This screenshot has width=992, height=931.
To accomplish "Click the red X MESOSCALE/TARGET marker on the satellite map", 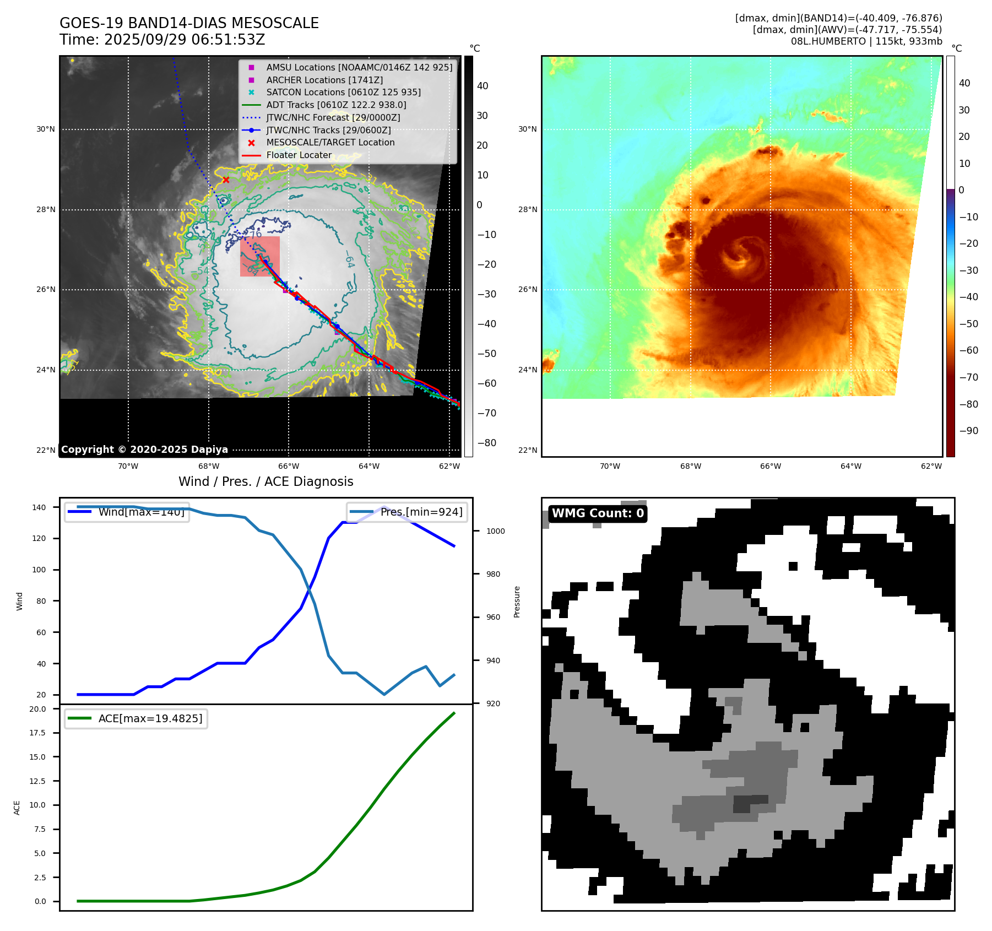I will coord(226,180).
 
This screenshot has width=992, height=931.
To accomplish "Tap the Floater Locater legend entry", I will coord(299,155).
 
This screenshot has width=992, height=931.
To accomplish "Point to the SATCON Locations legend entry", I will coord(343,93).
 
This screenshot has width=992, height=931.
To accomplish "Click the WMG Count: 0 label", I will coord(598,513).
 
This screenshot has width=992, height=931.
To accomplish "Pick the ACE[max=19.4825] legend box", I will coord(136,718).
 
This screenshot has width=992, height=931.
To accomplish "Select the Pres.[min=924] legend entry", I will coord(407,512).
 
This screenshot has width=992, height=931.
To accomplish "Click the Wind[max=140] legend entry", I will coord(127,512).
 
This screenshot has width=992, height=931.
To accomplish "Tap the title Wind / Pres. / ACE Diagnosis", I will coord(265,481).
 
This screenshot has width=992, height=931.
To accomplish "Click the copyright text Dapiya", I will coord(144,450).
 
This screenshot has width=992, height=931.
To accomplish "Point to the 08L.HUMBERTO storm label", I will coord(866,41).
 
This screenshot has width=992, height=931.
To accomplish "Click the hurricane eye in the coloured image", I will coord(740,254).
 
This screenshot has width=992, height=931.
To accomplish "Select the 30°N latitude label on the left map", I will coord(46,129).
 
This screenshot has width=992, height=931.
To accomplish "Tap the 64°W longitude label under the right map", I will coord(850,466).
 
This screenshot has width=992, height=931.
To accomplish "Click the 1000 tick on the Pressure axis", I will coord(495,531).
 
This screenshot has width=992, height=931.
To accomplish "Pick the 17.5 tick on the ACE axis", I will coord(37,733).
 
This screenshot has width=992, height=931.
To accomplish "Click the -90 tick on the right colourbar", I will coord(968,431).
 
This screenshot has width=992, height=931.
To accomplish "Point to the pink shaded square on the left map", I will coord(260,256).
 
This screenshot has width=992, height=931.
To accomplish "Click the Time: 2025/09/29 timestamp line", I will coord(162,40).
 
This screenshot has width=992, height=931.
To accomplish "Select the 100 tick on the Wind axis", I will coord(39,570).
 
